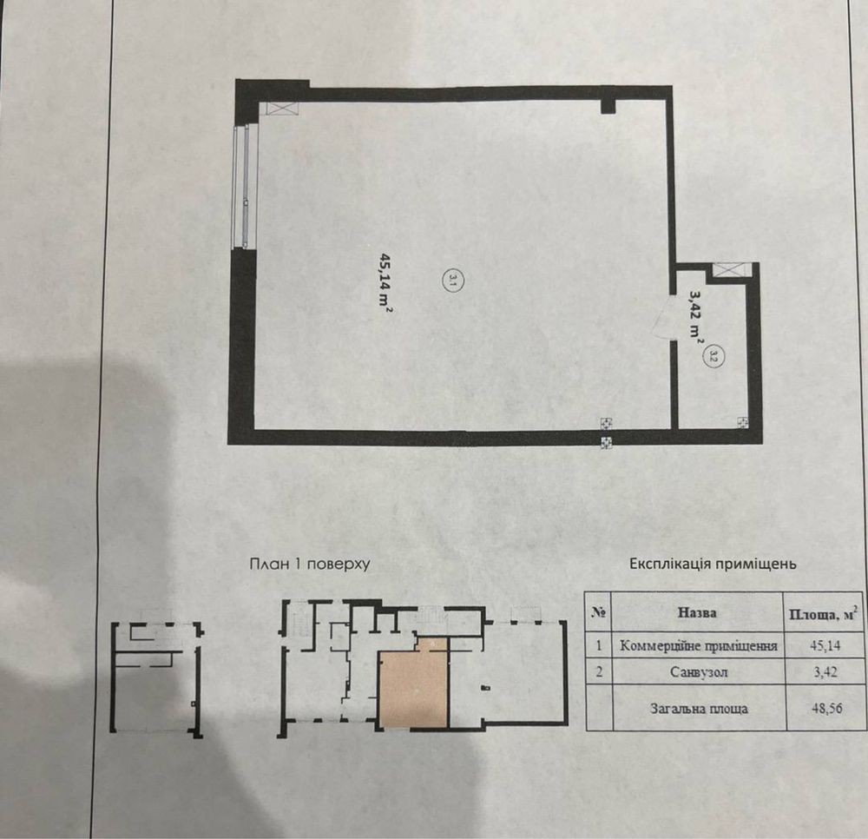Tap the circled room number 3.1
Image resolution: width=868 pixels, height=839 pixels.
453,281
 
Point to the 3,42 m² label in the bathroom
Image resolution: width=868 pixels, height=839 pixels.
694,315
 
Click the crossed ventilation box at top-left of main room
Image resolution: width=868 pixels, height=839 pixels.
283,109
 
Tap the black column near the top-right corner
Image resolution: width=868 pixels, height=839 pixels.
608,106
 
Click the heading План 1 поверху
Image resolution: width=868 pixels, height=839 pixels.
310,565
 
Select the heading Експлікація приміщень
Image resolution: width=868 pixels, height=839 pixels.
713,565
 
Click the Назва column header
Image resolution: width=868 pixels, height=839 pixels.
698,612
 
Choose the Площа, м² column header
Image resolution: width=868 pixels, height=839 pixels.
825,613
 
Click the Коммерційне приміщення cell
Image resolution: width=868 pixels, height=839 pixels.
699,645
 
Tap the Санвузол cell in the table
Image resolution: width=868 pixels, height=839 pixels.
699,672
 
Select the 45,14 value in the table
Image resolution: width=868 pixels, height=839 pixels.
825,645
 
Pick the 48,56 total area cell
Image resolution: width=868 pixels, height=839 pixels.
827,709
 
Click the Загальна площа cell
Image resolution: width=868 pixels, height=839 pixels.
699,709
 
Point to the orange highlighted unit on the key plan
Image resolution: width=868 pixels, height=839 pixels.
413,688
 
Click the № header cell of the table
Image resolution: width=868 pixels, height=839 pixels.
599,612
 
